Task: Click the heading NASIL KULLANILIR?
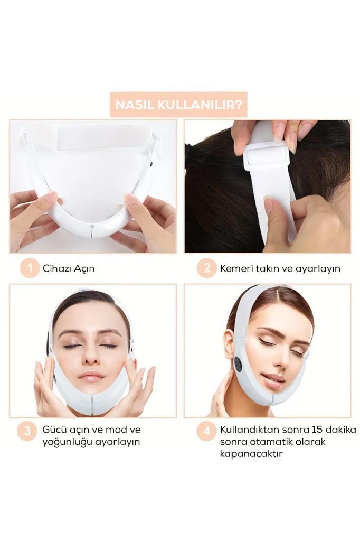178,105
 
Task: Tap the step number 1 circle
29,268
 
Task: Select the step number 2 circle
206,268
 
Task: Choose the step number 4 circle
206,431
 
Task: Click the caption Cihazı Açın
69,268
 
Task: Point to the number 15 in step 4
317,430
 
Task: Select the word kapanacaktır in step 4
251,453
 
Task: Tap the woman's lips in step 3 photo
91,376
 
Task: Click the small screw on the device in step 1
91,226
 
